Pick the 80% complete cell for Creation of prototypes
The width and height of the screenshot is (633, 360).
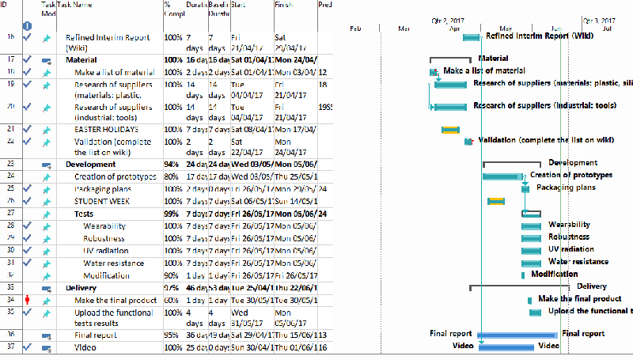tap(172, 176)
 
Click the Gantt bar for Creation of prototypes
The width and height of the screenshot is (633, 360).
tap(502, 176)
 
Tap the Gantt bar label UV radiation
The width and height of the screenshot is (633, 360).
tap(571, 249)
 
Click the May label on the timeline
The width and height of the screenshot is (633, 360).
tap(506, 28)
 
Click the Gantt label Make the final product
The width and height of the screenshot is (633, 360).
tap(579, 298)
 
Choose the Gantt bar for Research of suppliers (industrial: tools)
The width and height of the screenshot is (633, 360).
tap(453, 107)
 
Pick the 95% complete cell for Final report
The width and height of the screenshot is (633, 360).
tap(172, 335)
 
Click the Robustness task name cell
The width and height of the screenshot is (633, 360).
tap(104, 238)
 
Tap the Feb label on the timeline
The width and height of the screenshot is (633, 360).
tap(355, 28)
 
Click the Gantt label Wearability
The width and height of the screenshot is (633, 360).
tap(569, 225)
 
